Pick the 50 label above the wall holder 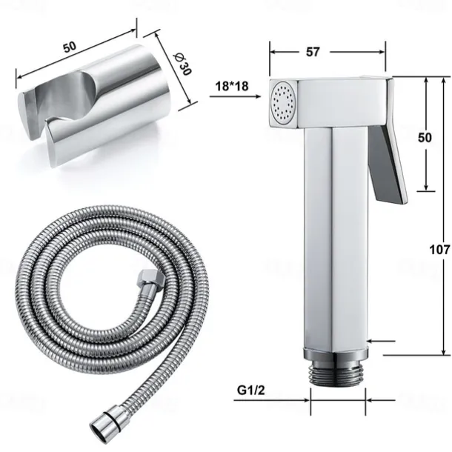coord(70,47)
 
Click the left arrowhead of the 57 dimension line coord(273,52)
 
